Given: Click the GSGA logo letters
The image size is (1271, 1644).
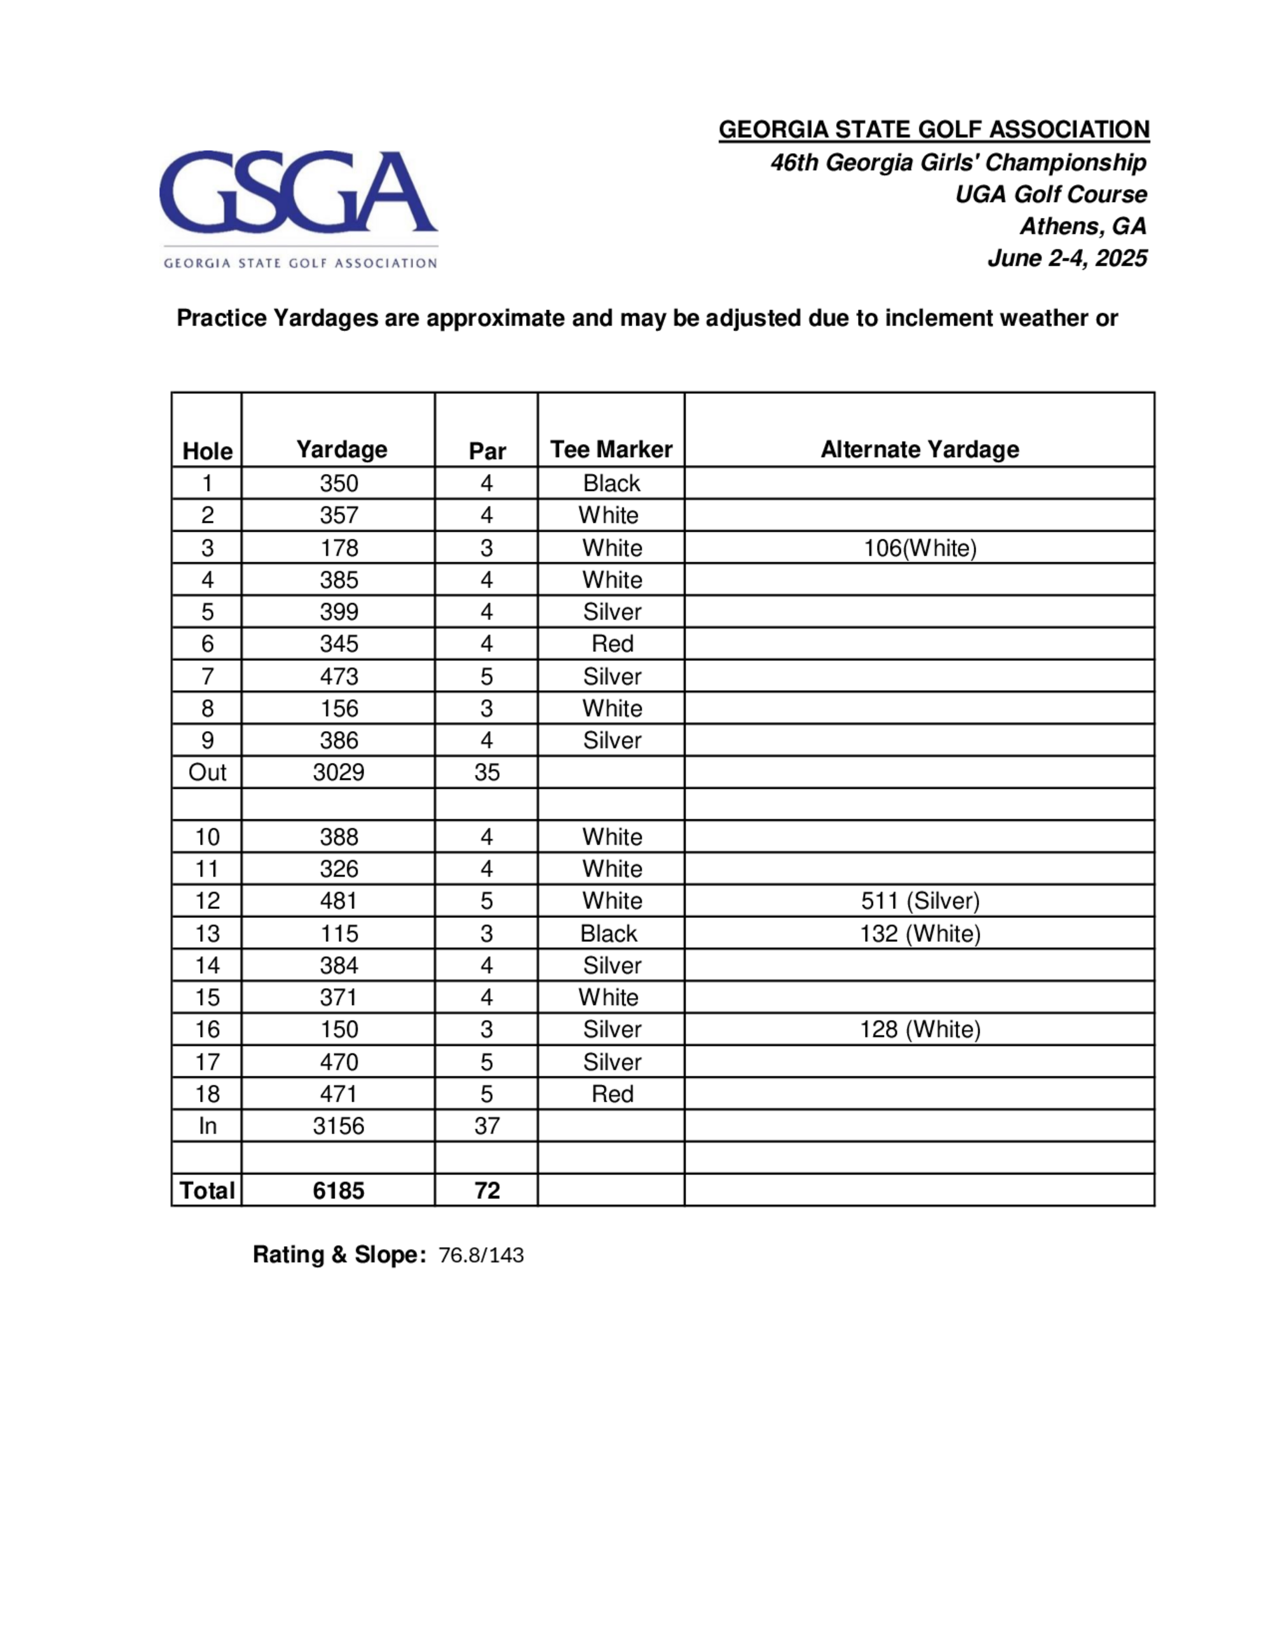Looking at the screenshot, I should click(297, 192).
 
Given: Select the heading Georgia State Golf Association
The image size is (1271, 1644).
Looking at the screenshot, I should click(934, 130).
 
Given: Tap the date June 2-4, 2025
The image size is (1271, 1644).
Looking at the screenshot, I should click(1067, 258).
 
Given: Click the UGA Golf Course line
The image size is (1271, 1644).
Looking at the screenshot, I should click(1050, 194).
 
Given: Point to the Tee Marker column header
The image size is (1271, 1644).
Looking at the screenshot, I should click(611, 449).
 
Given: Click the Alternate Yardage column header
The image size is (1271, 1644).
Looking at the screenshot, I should click(920, 449).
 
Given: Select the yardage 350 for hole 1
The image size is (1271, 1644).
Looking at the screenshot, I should click(339, 483).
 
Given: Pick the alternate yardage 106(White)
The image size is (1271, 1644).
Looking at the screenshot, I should click(920, 548).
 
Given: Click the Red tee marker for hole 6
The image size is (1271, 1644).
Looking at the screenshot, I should click(612, 643).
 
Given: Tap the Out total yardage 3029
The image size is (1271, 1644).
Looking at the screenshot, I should click(339, 772).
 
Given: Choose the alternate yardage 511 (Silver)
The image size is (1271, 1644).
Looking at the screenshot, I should click(920, 901).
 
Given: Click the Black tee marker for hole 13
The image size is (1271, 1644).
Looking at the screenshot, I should click(608, 933).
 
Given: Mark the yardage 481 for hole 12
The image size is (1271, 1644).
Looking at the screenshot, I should click(339, 901).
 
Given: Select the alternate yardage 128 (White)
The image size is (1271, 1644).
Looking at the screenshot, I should click(920, 1030).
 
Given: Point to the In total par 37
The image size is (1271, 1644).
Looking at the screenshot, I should click(486, 1126).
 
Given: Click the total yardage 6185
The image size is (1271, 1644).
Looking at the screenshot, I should click(339, 1191).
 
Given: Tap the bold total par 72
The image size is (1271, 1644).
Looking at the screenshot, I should click(486, 1191).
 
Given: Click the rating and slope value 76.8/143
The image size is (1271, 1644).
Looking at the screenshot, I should click(480, 1256).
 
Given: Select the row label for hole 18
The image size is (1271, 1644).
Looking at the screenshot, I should click(207, 1095).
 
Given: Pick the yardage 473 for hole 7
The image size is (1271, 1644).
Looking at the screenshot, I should click(339, 677).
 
